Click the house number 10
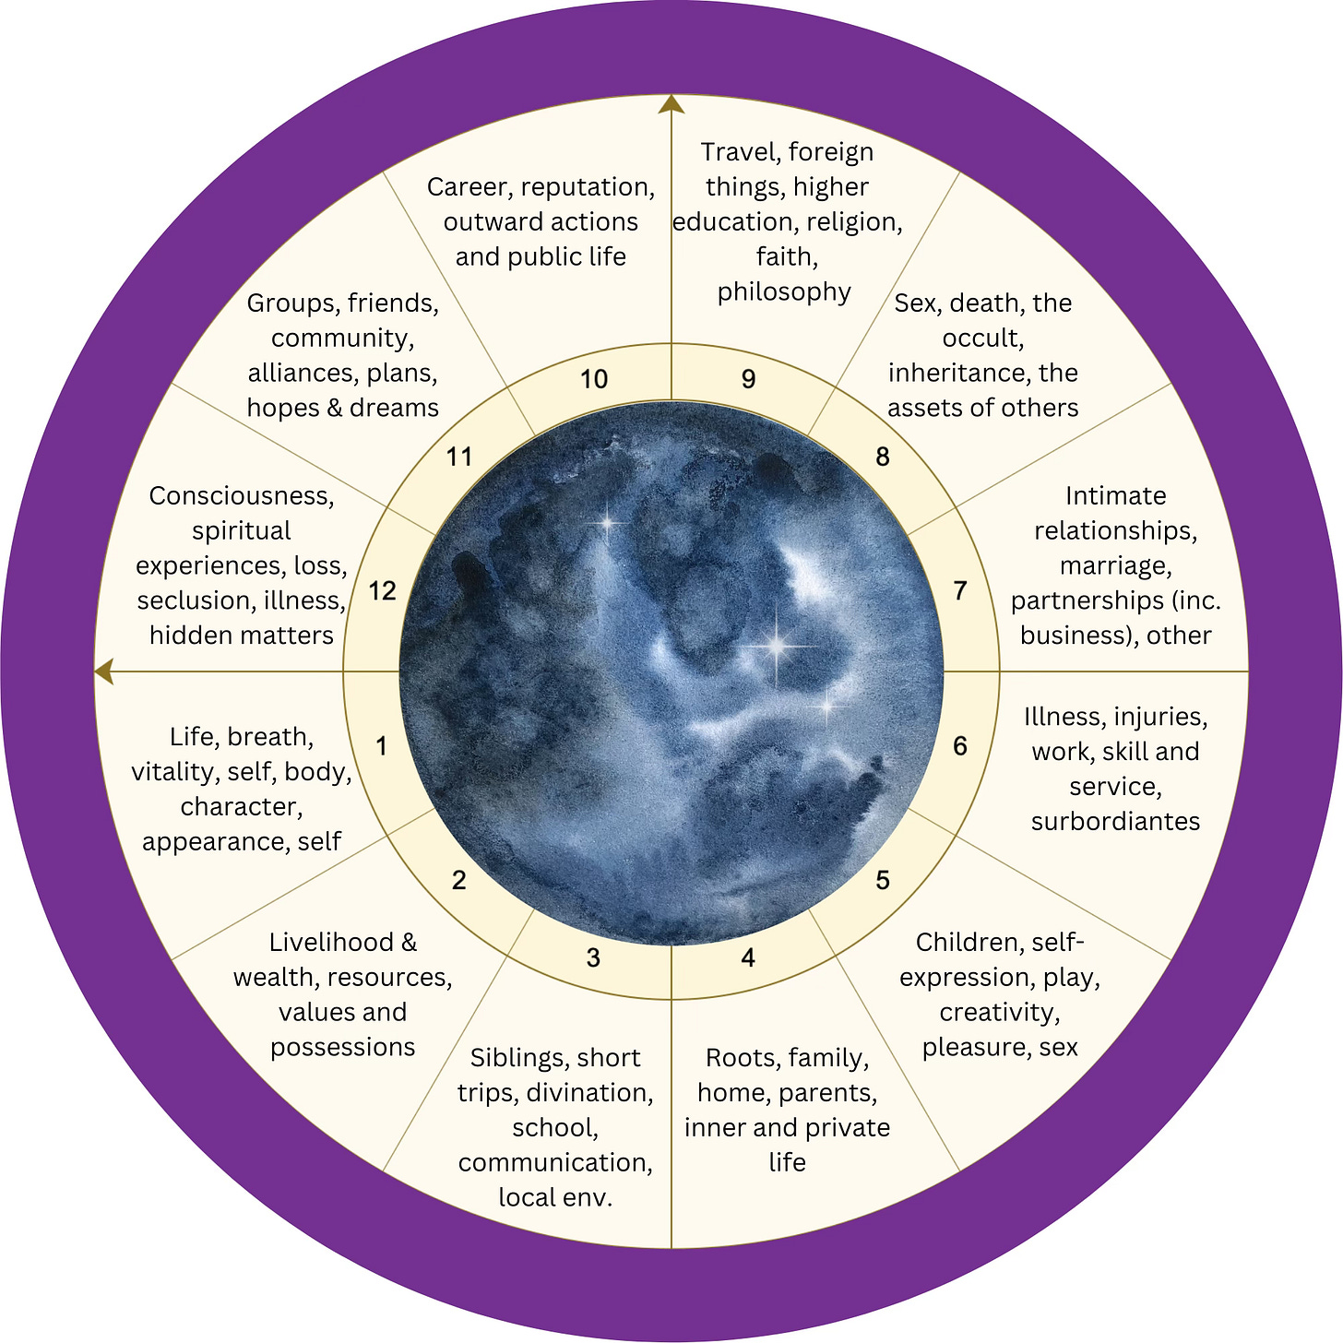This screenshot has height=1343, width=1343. [594, 379]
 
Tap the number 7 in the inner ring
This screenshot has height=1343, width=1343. [960, 590]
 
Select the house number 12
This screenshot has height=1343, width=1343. [382, 590]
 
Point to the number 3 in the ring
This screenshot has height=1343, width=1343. [593, 958]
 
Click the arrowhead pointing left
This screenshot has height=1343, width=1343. [103, 671]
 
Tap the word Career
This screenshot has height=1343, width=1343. [469, 187]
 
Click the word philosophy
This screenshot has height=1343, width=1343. [784, 291]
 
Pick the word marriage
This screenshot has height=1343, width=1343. [1115, 565]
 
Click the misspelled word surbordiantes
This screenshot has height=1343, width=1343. [1115, 821]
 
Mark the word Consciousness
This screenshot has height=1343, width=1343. [242, 496]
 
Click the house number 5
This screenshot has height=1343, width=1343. [883, 881]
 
